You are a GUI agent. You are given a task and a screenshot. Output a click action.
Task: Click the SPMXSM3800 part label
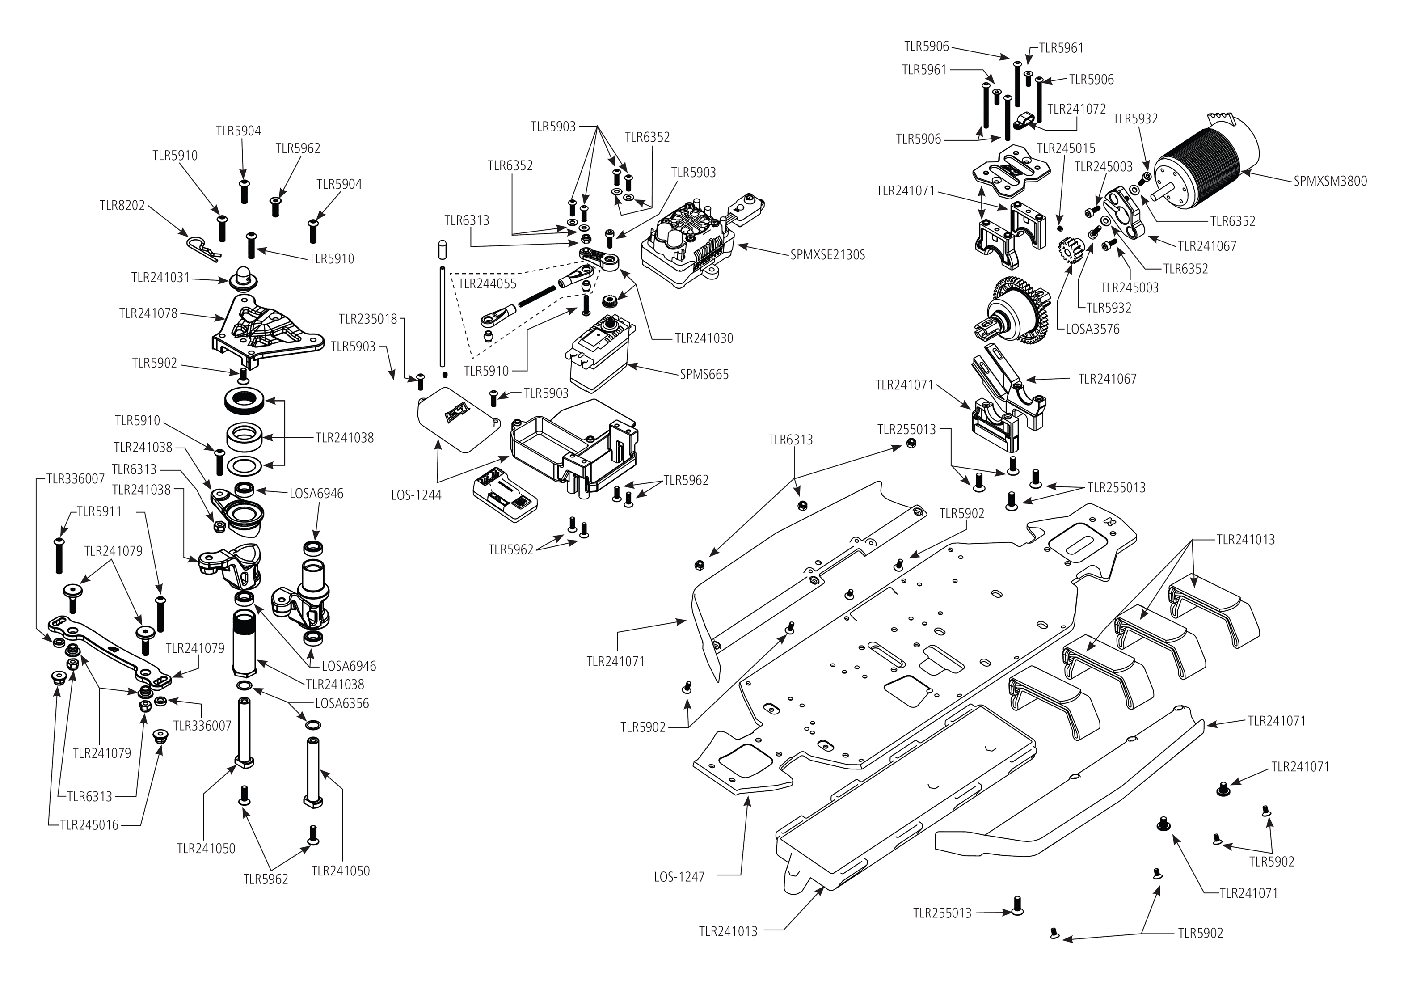pyautogui.click(x=1330, y=182)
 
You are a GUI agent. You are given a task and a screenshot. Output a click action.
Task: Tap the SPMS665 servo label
pyautogui.click(x=704, y=375)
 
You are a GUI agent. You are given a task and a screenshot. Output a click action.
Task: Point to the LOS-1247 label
pyautogui.click(x=679, y=877)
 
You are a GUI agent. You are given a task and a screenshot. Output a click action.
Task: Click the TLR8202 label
pyautogui.click(x=122, y=205)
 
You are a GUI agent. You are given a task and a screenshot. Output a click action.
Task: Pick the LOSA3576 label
pyautogui.click(x=1092, y=330)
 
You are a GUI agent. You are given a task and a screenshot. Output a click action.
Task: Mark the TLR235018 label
pyautogui.click(x=368, y=319)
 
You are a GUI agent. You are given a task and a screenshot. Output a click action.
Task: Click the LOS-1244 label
pyautogui.click(x=416, y=495)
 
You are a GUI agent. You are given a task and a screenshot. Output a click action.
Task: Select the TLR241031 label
pyautogui.click(x=160, y=278)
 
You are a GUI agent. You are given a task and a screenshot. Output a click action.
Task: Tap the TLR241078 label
pyautogui.click(x=148, y=313)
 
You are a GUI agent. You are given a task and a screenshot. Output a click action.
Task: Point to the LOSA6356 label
pyautogui.click(x=342, y=704)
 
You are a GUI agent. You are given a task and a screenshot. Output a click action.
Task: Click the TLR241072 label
pyautogui.click(x=1076, y=110)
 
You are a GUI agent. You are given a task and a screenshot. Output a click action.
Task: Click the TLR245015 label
pyautogui.click(x=1066, y=149)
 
